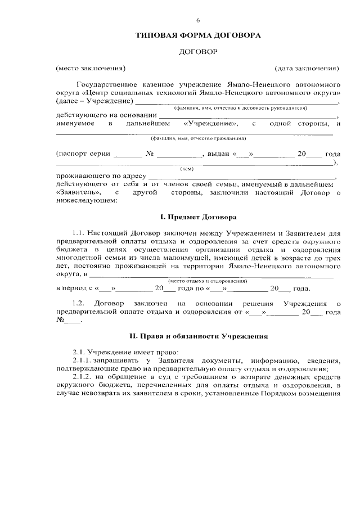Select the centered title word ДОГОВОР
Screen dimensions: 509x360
coord(197,52)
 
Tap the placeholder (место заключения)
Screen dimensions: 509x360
coord(90,69)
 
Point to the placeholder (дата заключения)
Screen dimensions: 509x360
coord(307,69)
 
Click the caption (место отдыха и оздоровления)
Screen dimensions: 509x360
coord(208,280)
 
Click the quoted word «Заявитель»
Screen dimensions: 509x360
coord(79,192)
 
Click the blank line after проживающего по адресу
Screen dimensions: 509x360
coord(242,176)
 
